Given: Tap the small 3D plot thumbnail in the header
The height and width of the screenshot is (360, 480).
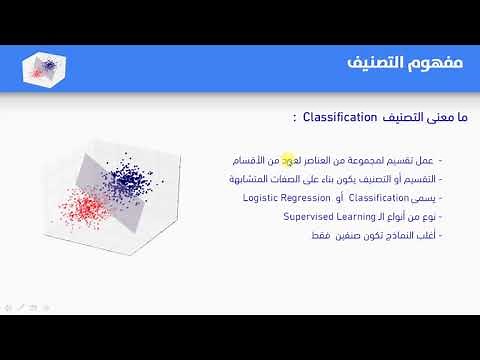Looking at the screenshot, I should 43,68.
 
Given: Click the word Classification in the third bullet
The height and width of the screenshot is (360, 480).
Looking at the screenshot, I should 375,197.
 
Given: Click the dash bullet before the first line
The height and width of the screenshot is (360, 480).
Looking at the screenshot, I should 441,160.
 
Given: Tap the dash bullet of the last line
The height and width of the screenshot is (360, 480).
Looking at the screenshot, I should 441,235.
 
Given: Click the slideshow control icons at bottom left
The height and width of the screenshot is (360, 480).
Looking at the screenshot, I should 26,306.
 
